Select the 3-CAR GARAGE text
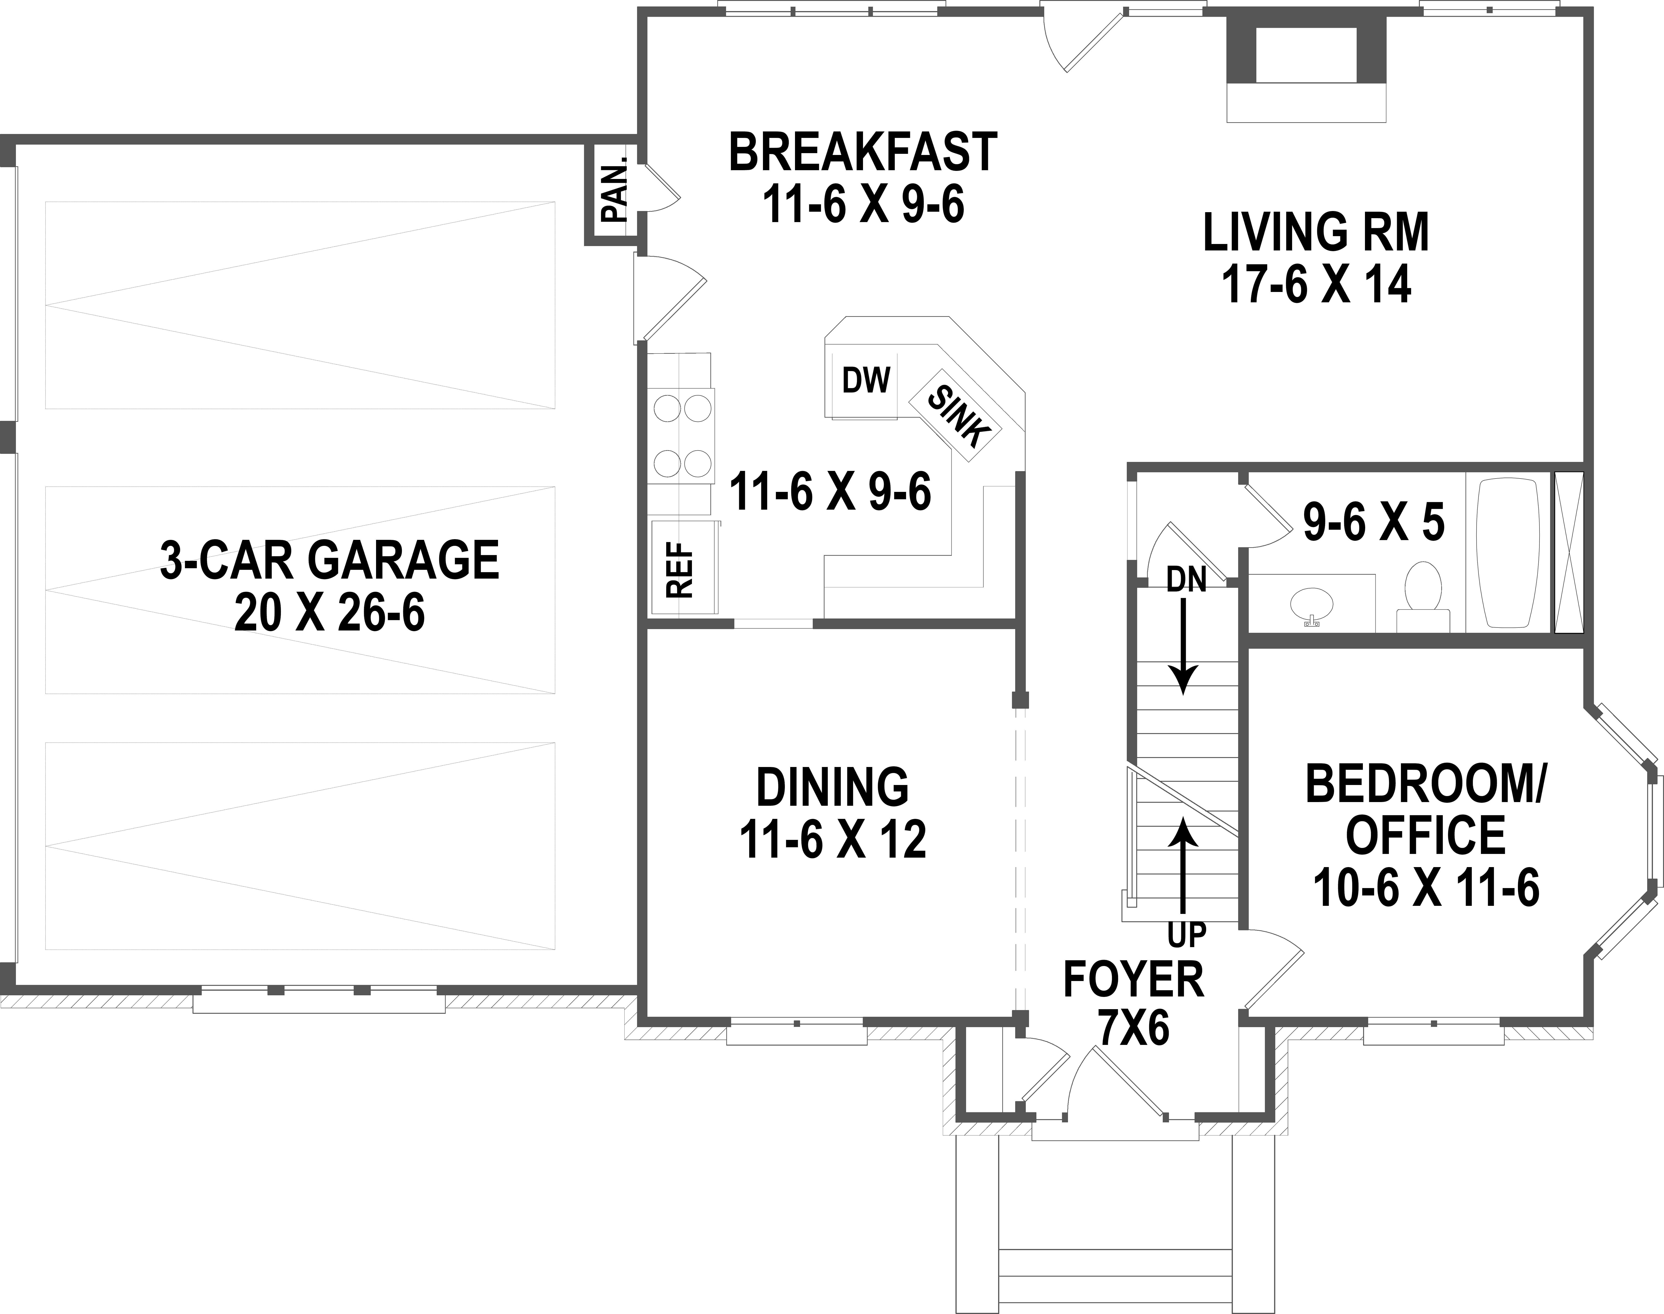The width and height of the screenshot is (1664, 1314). (x=329, y=560)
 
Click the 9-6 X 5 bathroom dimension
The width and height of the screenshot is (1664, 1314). (x=1373, y=523)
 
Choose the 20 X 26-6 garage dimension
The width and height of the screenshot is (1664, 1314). (x=329, y=614)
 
